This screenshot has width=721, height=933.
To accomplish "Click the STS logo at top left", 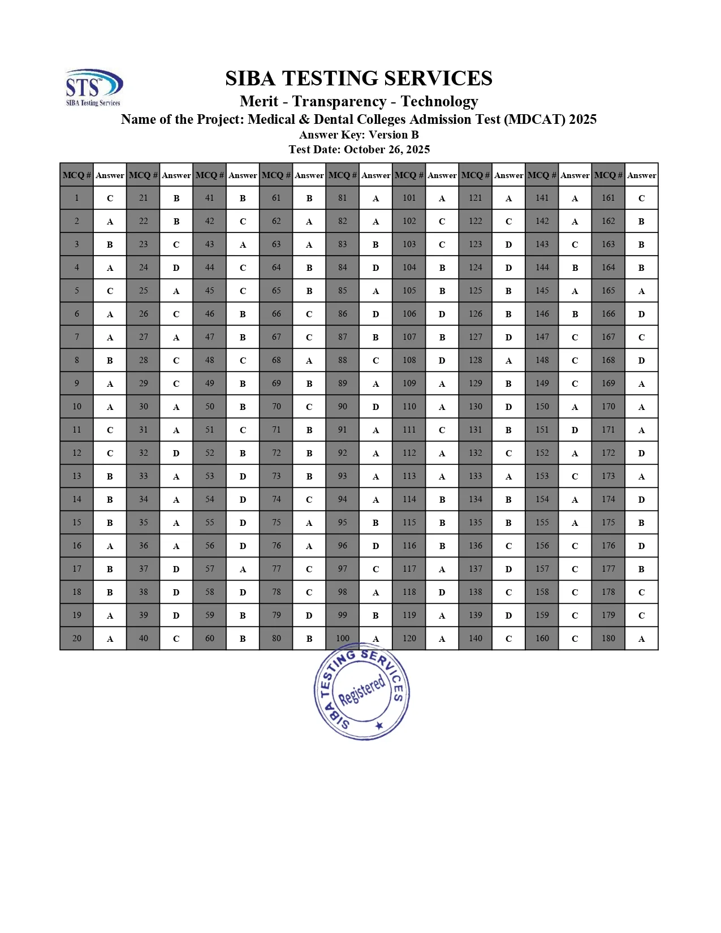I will tap(93, 87).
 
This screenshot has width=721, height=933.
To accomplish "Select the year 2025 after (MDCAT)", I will tap(582, 119).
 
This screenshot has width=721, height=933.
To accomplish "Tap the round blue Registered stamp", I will tap(362, 692).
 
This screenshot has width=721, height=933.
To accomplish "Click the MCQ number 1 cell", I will tap(77, 198).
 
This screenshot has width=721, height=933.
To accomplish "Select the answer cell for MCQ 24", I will tap(176, 267).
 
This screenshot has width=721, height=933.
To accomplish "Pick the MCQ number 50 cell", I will tap(210, 407).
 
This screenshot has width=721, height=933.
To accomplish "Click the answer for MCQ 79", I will tap(309, 615).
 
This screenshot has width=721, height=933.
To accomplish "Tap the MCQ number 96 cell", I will tap(343, 546).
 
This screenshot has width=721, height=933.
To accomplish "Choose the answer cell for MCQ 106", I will tap(442, 314).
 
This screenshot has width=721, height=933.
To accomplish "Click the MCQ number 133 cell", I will tap(476, 476).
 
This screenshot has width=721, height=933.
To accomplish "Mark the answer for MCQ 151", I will tap(575, 430).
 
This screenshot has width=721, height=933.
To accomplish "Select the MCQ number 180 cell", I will tap(608, 638).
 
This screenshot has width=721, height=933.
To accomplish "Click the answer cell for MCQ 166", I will tap(642, 314).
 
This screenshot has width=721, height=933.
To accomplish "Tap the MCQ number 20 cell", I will tap(77, 638).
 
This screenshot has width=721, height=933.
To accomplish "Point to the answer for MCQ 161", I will tap(642, 198).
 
